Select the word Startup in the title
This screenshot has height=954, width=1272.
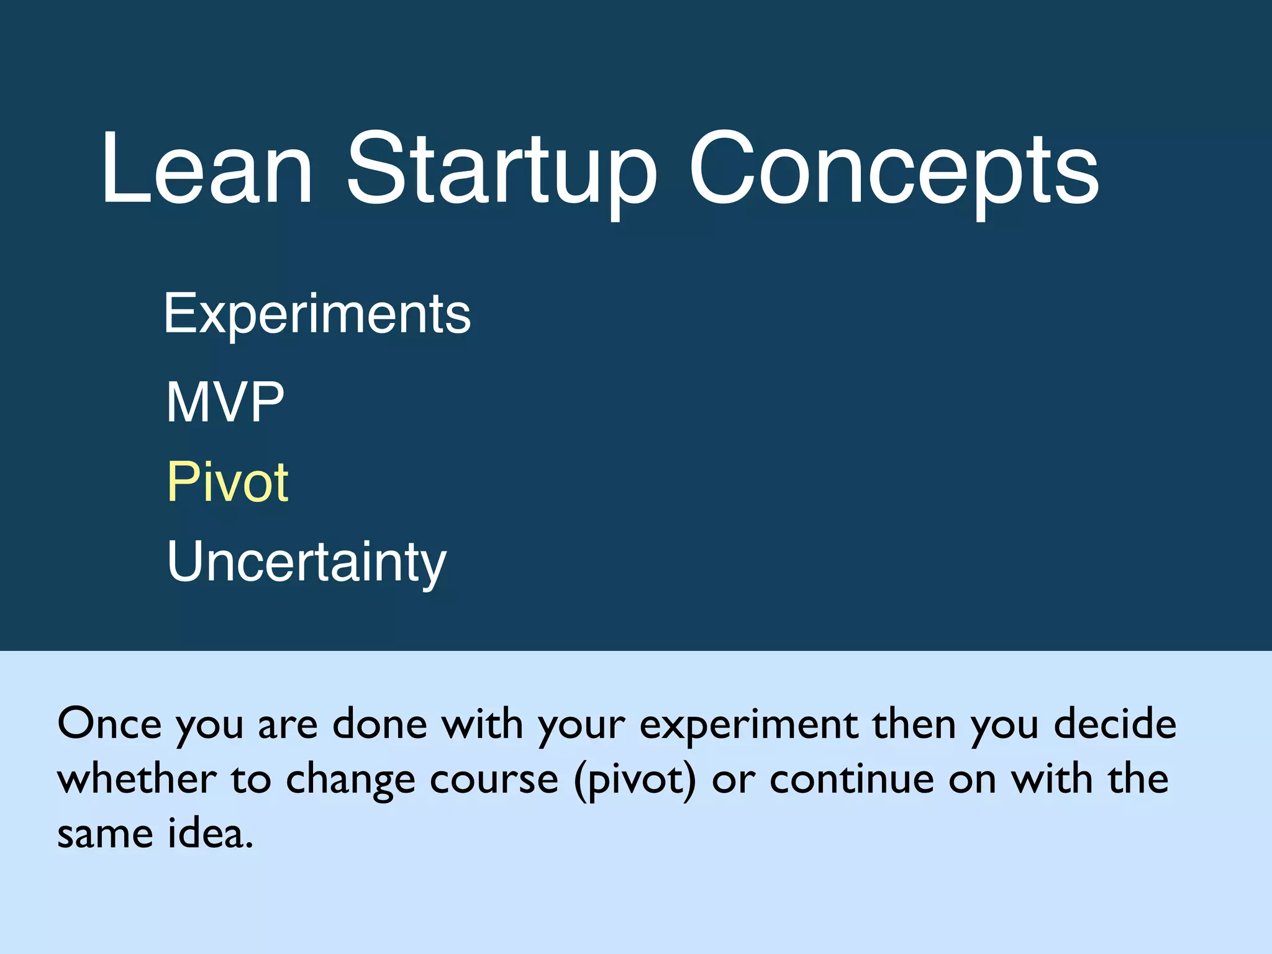tap(501, 169)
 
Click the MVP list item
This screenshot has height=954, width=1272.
tap(225, 402)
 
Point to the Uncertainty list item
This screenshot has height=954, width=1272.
tap(307, 562)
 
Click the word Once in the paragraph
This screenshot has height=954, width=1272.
tap(109, 724)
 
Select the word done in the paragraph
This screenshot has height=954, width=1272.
tap(380, 724)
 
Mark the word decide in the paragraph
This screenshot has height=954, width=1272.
tap(1115, 724)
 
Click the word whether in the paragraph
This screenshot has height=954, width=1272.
tap(137, 779)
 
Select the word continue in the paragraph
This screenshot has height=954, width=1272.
tap(852, 779)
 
